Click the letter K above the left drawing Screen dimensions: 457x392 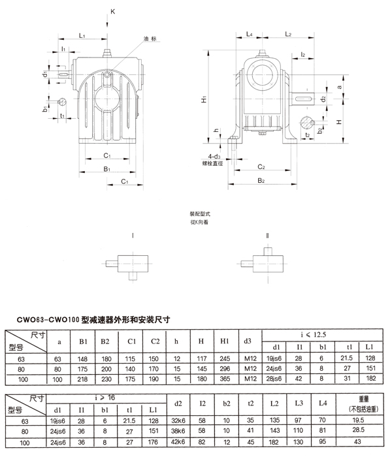point(112,11)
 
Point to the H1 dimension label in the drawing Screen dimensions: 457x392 point(204,99)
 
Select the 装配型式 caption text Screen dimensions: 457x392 point(199,214)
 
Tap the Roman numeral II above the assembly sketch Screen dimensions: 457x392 point(267,235)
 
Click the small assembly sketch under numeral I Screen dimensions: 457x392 point(130,262)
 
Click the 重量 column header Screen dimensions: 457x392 point(357,400)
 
